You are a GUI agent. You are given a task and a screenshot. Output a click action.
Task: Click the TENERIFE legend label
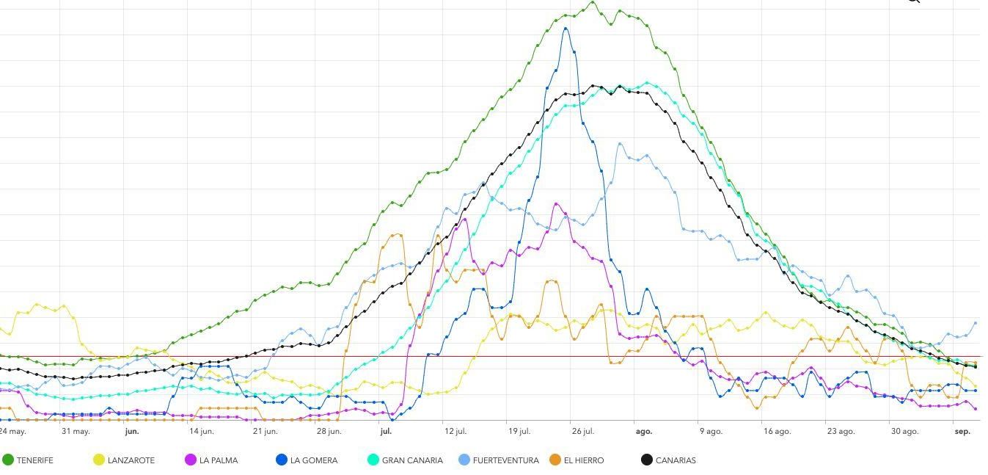tap(34, 460)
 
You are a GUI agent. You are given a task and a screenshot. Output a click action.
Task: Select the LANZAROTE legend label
tap(131, 460)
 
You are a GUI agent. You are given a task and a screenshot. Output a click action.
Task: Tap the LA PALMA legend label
tap(219, 460)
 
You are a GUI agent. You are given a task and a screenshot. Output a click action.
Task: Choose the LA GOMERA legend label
tap(314, 460)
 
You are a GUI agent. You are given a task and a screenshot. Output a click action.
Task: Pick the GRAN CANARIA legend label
tap(412, 460)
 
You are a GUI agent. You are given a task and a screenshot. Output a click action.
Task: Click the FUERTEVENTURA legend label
tap(505, 460)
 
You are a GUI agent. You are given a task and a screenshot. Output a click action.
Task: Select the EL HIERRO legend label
tap(584, 460)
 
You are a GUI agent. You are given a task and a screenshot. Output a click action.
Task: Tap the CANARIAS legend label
tap(676, 460)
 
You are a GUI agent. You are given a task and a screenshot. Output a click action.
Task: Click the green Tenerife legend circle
tap(8, 460)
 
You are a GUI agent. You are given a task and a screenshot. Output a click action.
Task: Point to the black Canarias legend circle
tap(647, 460)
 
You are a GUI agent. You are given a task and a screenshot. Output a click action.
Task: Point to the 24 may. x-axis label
tap(12, 432)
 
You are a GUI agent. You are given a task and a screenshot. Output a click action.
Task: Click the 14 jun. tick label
tap(201, 432)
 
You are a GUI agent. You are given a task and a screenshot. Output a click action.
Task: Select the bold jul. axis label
tap(387, 432)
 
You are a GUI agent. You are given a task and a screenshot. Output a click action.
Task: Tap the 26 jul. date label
tap(583, 432)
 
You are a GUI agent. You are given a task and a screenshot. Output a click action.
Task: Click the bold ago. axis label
tap(643, 432)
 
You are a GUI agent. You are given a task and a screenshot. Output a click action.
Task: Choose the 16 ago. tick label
tap(777, 432)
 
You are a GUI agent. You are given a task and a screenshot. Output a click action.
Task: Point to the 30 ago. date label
tap(904, 432)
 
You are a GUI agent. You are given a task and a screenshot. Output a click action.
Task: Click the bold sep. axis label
tap(962, 432)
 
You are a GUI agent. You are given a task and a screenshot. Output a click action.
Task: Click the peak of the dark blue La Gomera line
tap(565, 28)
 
